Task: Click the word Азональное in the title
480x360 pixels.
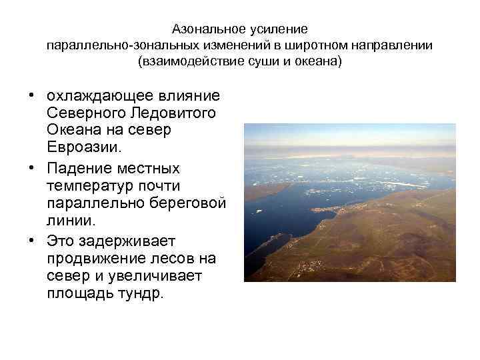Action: [207, 29]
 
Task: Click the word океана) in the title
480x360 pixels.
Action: [319, 63]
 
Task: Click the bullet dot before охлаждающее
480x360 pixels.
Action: [31, 96]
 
